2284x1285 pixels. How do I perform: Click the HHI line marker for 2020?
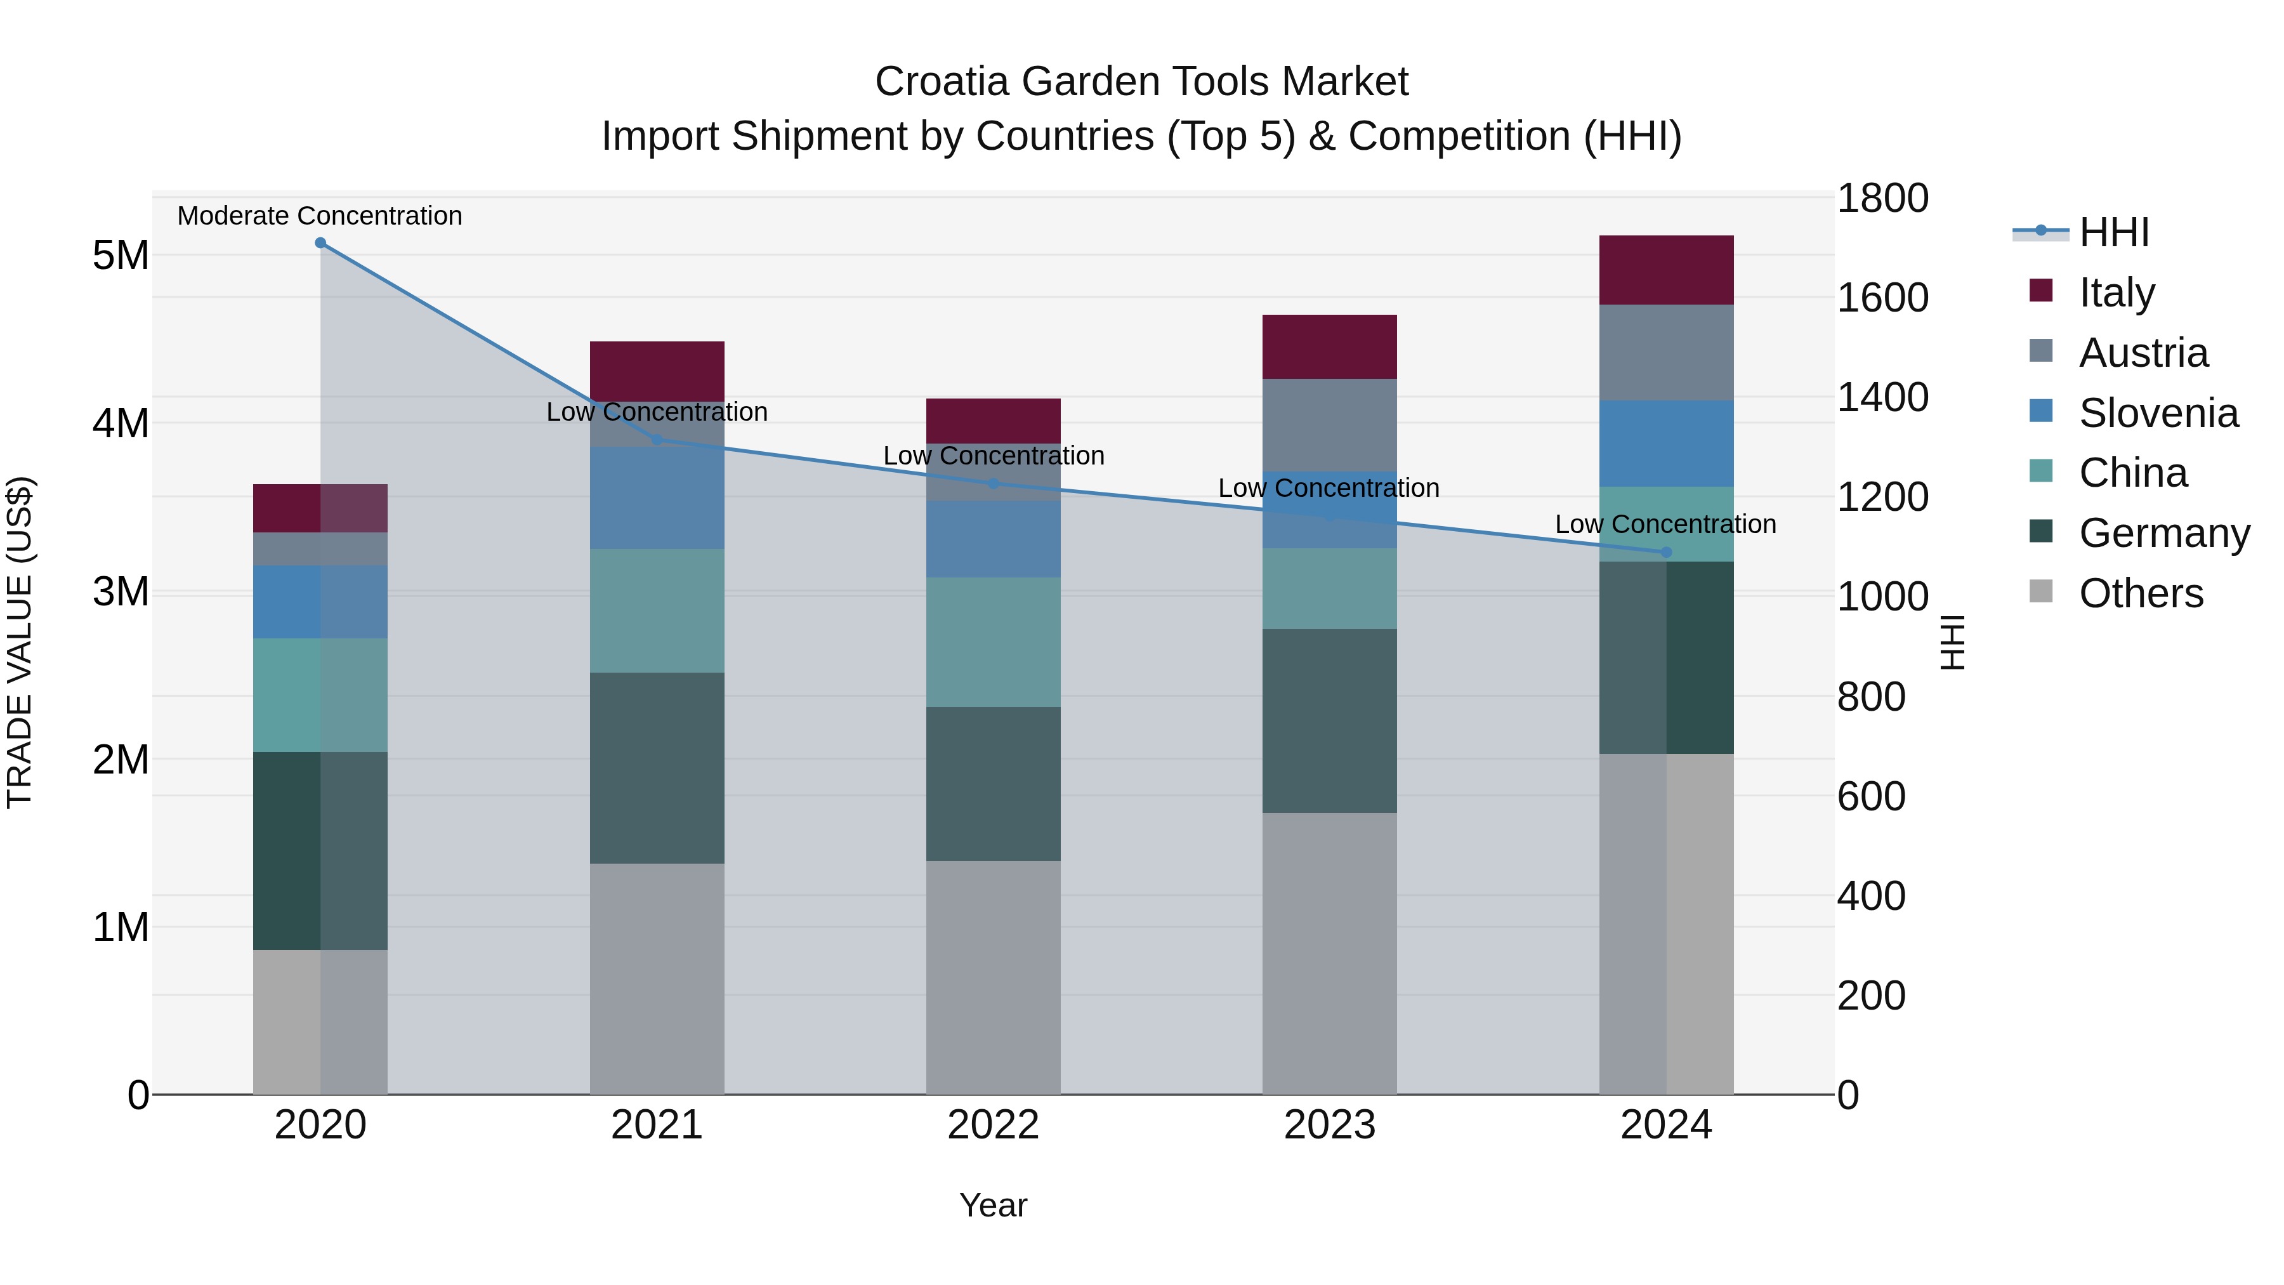320,243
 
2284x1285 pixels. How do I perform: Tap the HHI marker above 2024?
1666,553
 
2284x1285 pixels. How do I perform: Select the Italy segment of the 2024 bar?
1666,270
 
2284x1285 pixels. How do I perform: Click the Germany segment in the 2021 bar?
657,768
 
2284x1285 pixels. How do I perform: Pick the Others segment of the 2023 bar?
1329,952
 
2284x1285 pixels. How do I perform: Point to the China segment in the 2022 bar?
993,642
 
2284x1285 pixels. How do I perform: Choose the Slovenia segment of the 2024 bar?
1666,444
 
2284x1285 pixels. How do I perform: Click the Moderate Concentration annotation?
320,216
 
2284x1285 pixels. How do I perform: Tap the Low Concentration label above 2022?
993,456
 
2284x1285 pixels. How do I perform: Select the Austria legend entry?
2143,353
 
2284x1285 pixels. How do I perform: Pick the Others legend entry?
2141,593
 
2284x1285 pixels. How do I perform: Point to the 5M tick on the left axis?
121,255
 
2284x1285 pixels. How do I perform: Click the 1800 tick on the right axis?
1882,198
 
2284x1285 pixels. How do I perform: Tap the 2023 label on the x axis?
1329,1125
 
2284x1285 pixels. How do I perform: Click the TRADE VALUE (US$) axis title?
20,642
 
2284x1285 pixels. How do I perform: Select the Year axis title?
993,1205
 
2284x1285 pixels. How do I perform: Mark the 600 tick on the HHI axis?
1871,796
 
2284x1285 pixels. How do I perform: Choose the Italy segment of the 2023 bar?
1329,346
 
